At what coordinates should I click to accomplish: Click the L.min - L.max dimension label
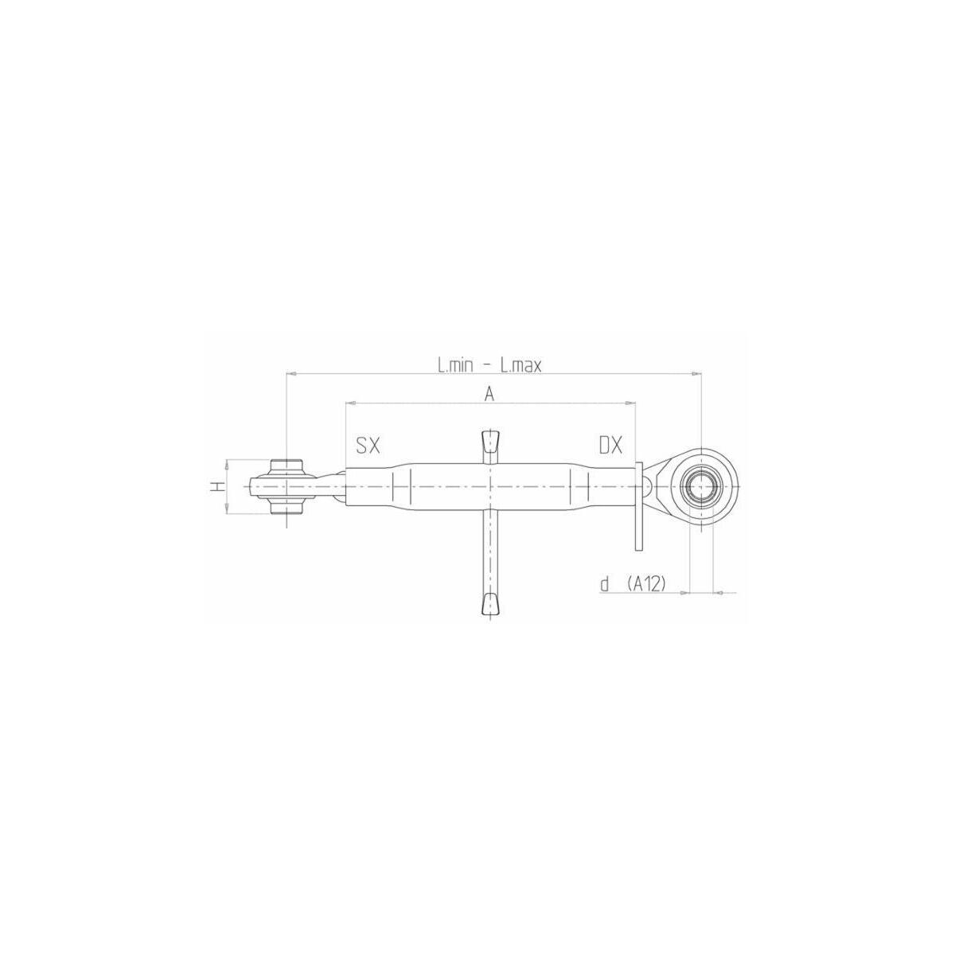click(x=489, y=366)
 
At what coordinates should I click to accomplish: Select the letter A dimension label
click(x=489, y=395)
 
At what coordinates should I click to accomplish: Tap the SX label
click(x=368, y=446)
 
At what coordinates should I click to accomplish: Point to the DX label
click(x=610, y=446)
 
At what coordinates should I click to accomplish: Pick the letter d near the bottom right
click(x=605, y=584)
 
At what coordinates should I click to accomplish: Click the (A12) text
click(x=645, y=585)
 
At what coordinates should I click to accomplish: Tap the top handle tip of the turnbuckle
click(x=490, y=442)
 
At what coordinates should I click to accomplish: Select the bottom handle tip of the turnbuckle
click(x=490, y=604)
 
